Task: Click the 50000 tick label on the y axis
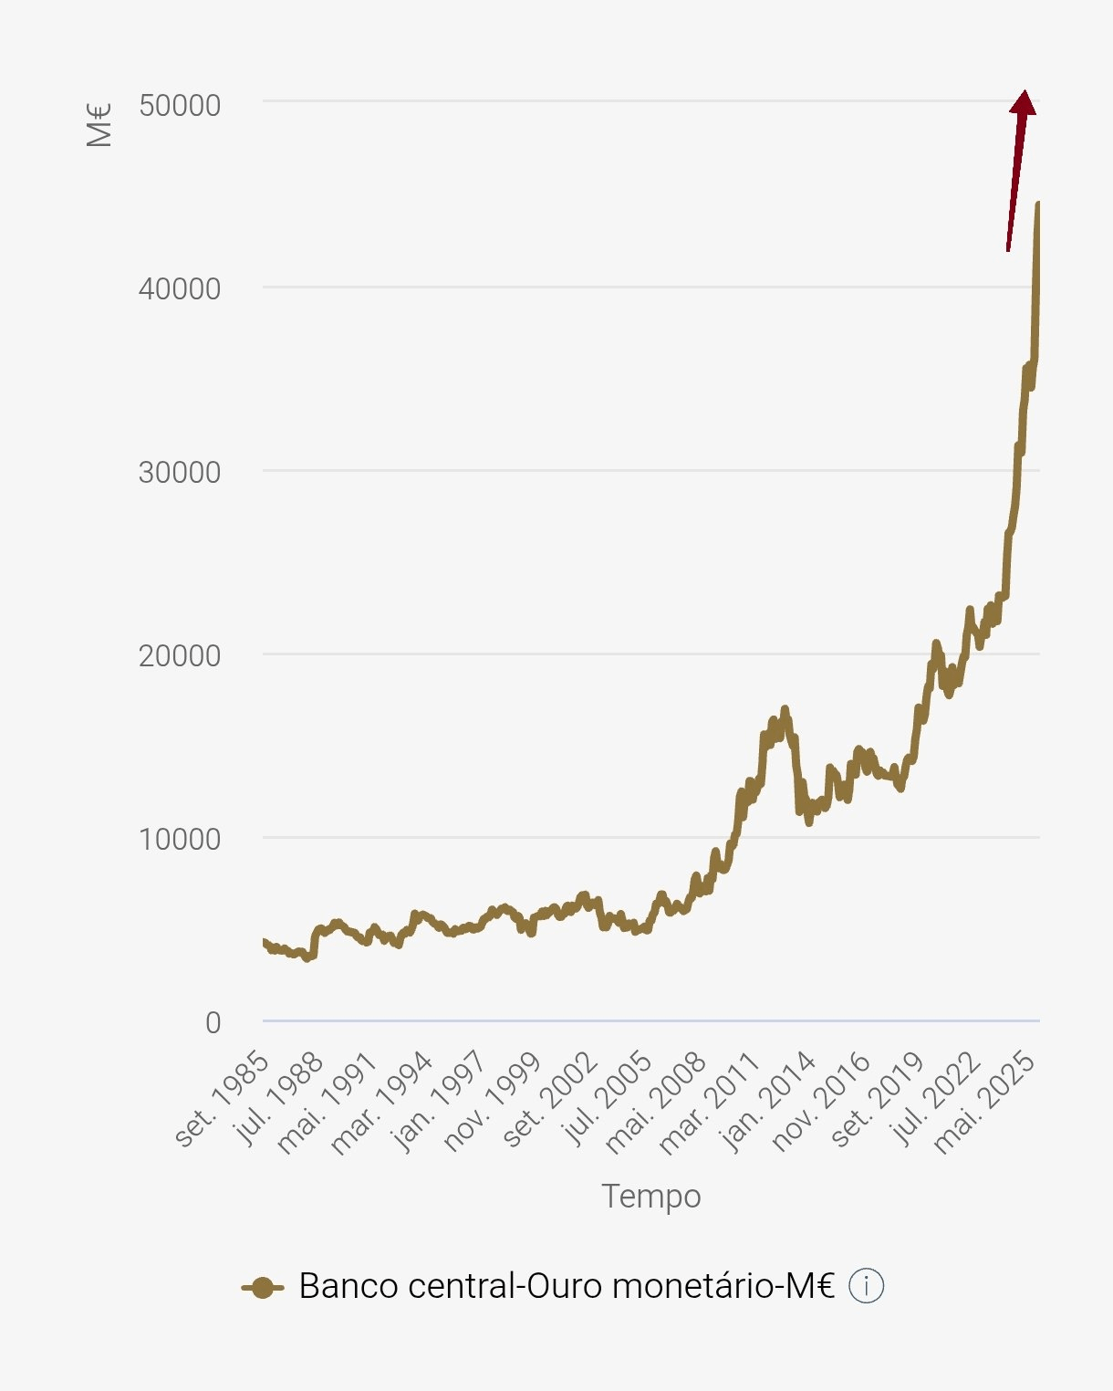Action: click(180, 106)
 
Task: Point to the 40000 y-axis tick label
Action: click(180, 289)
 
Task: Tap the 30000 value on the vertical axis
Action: click(180, 473)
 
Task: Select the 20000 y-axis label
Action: click(180, 656)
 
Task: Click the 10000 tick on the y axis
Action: click(180, 840)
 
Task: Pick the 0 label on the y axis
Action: click(213, 1023)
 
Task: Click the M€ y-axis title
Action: click(99, 125)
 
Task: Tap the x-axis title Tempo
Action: click(650, 1197)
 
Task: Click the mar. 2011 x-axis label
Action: click(711, 1103)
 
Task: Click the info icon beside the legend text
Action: click(866, 1287)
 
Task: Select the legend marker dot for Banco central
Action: click(263, 1288)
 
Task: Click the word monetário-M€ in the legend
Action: click(723, 1286)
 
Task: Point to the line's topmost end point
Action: click(1038, 204)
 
